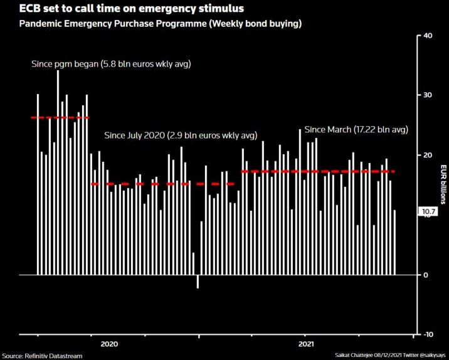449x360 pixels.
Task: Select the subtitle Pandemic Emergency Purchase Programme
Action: coord(161,24)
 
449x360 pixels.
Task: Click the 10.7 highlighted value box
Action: coord(428,212)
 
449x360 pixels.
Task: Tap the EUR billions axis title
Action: coord(441,184)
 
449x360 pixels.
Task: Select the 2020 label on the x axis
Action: coord(109,344)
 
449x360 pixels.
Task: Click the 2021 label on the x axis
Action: coord(305,344)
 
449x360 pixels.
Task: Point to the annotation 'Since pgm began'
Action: coord(111,64)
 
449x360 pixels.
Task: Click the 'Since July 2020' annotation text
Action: coord(181,135)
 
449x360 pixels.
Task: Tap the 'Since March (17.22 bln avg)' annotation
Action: coord(356,130)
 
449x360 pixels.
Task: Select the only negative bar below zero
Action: coord(198,282)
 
